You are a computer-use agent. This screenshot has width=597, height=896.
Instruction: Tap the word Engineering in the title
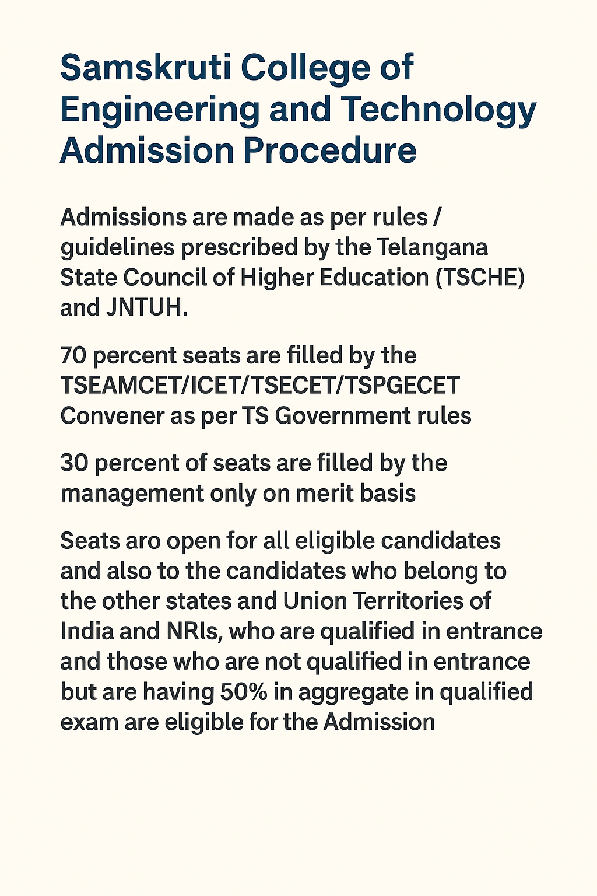[159, 110]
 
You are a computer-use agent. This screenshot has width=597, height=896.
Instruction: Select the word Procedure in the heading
[329, 150]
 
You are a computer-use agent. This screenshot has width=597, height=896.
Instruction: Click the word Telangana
[432, 247]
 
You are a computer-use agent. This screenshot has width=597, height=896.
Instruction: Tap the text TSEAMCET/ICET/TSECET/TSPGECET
[260, 386]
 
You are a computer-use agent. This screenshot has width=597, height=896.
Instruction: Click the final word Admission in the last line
[379, 722]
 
